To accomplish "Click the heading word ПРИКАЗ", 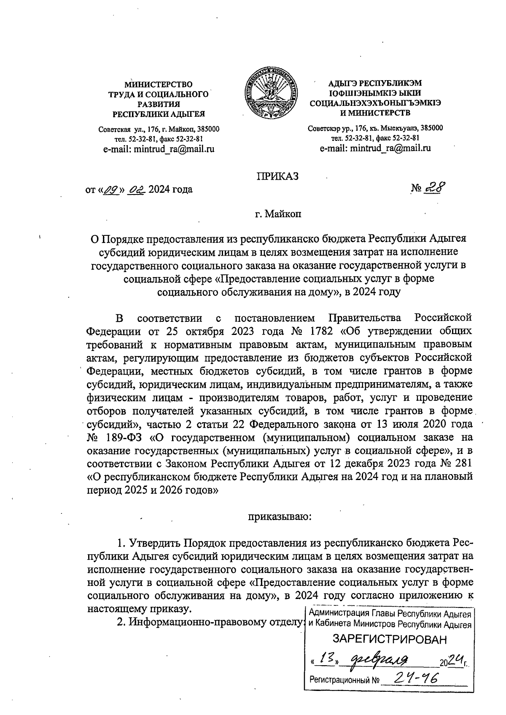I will tap(277, 176).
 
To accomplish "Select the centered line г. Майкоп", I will tap(278, 214).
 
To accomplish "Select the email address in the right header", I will tap(375, 148).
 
